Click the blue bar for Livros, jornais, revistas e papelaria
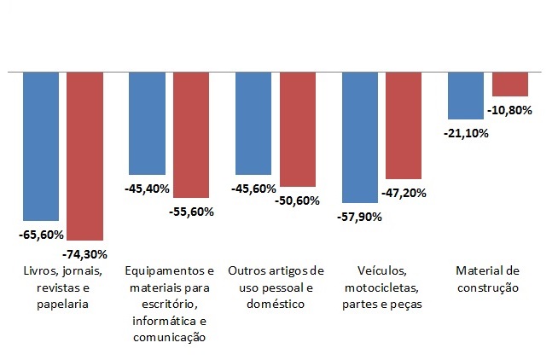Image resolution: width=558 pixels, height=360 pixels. pos(40,146)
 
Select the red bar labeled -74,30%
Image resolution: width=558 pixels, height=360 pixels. pos(84,156)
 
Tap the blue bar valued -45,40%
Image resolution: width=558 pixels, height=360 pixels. pos(146,123)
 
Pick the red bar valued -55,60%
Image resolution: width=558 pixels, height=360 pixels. pos(190,135)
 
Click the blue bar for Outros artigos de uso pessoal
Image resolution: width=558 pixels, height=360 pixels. pos(253,123)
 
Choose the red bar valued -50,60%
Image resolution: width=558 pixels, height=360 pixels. pos(298,129)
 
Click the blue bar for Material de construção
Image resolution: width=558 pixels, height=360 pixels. pos(466,96)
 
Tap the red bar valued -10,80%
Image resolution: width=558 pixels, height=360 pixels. pos(510,84)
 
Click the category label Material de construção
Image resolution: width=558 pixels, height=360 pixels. pos(488,279)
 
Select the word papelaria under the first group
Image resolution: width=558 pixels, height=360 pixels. pos(62,303)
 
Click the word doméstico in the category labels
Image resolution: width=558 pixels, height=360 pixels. pos(276,303)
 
